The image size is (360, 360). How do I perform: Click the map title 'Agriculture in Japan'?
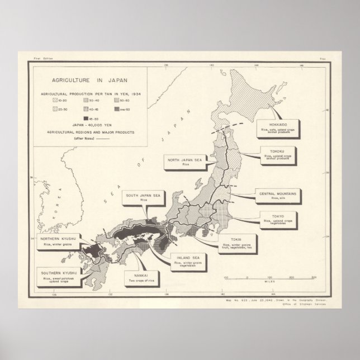[87, 79]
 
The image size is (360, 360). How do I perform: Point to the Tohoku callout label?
[280, 154]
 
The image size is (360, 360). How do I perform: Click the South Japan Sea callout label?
[144, 197]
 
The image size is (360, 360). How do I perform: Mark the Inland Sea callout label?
[186, 261]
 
